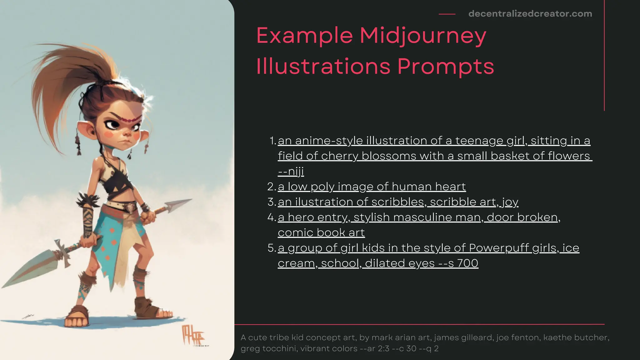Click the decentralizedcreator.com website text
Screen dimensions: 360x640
[530, 14]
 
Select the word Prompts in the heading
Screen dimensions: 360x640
[446, 66]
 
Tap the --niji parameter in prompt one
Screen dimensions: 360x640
[291, 172]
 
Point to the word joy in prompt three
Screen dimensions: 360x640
[510, 202]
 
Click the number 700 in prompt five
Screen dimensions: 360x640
[467, 263]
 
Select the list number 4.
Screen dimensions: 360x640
[271, 217]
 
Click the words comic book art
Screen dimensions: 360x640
[321, 232]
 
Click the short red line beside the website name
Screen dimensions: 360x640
[447, 14]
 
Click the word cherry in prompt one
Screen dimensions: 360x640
[339, 156]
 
